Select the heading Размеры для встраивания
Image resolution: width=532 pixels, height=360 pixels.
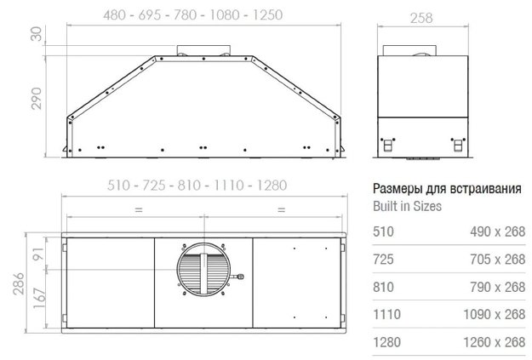tap(447, 189)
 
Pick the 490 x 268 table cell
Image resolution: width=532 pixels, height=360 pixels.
tap(496, 232)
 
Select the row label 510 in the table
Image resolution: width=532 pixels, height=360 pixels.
tap(383, 232)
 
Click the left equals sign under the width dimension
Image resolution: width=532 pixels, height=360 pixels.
tap(138, 209)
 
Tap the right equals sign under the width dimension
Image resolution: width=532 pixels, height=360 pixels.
tap(281, 209)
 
